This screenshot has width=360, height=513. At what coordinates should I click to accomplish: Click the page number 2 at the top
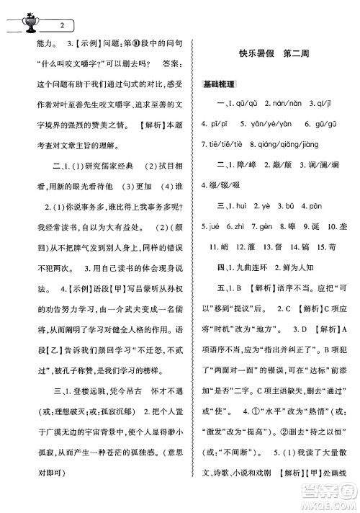(x=64, y=26)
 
